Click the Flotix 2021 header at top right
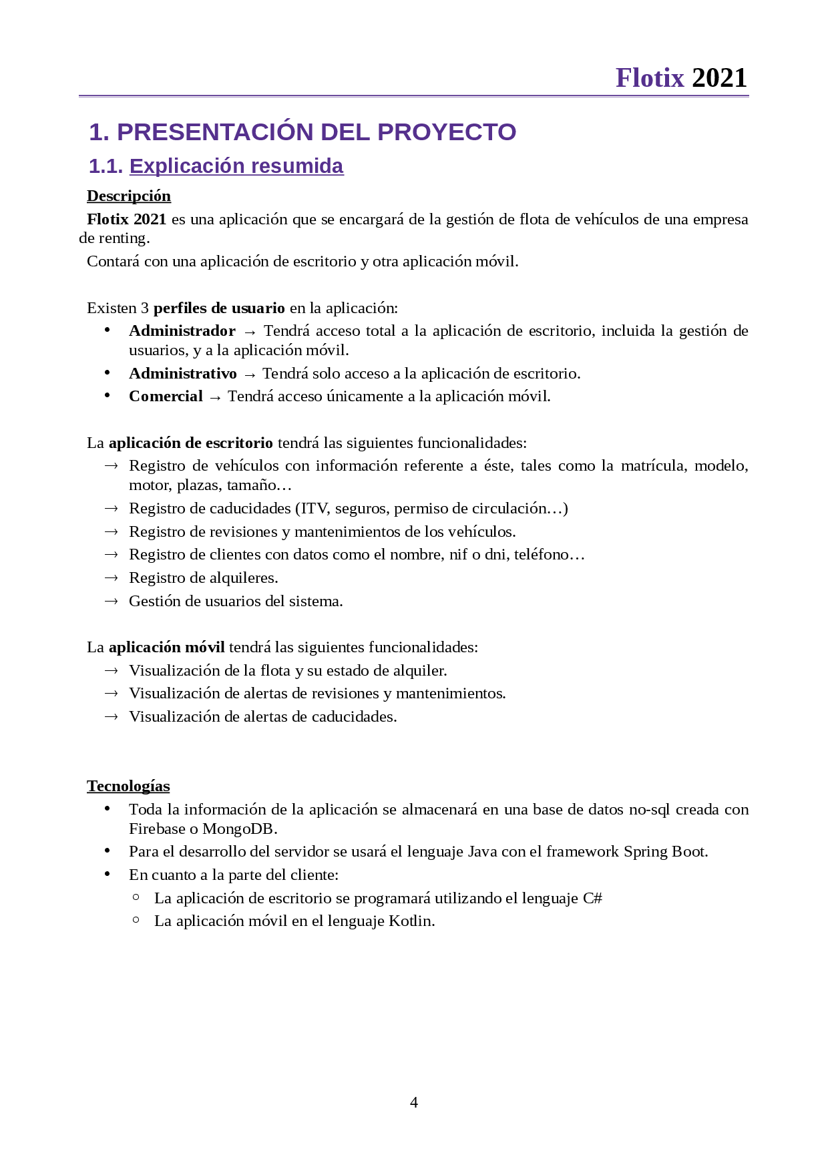pyautogui.click(x=680, y=78)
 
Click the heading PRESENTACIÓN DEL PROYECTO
pyautogui.click(x=302, y=132)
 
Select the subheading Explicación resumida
pyautogui.click(x=236, y=166)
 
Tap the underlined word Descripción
pyautogui.click(x=129, y=196)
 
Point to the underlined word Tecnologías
pyautogui.click(x=128, y=786)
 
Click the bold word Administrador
pyautogui.click(x=182, y=330)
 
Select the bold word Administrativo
pyautogui.click(x=182, y=373)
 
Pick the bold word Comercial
pyautogui.click(x=166, y=396)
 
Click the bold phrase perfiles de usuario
pyautogui.click(x=219, y=308)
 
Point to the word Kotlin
pyautogui.click(x=411, y=921)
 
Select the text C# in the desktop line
pyautogui.click(x=592, y=898)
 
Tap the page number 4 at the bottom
pyautogui.click(x=414, y=1102)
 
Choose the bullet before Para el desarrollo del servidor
pyautogui.click(x=107, y=851)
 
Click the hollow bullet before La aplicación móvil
pyautogui.click(x=136, y=920)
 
